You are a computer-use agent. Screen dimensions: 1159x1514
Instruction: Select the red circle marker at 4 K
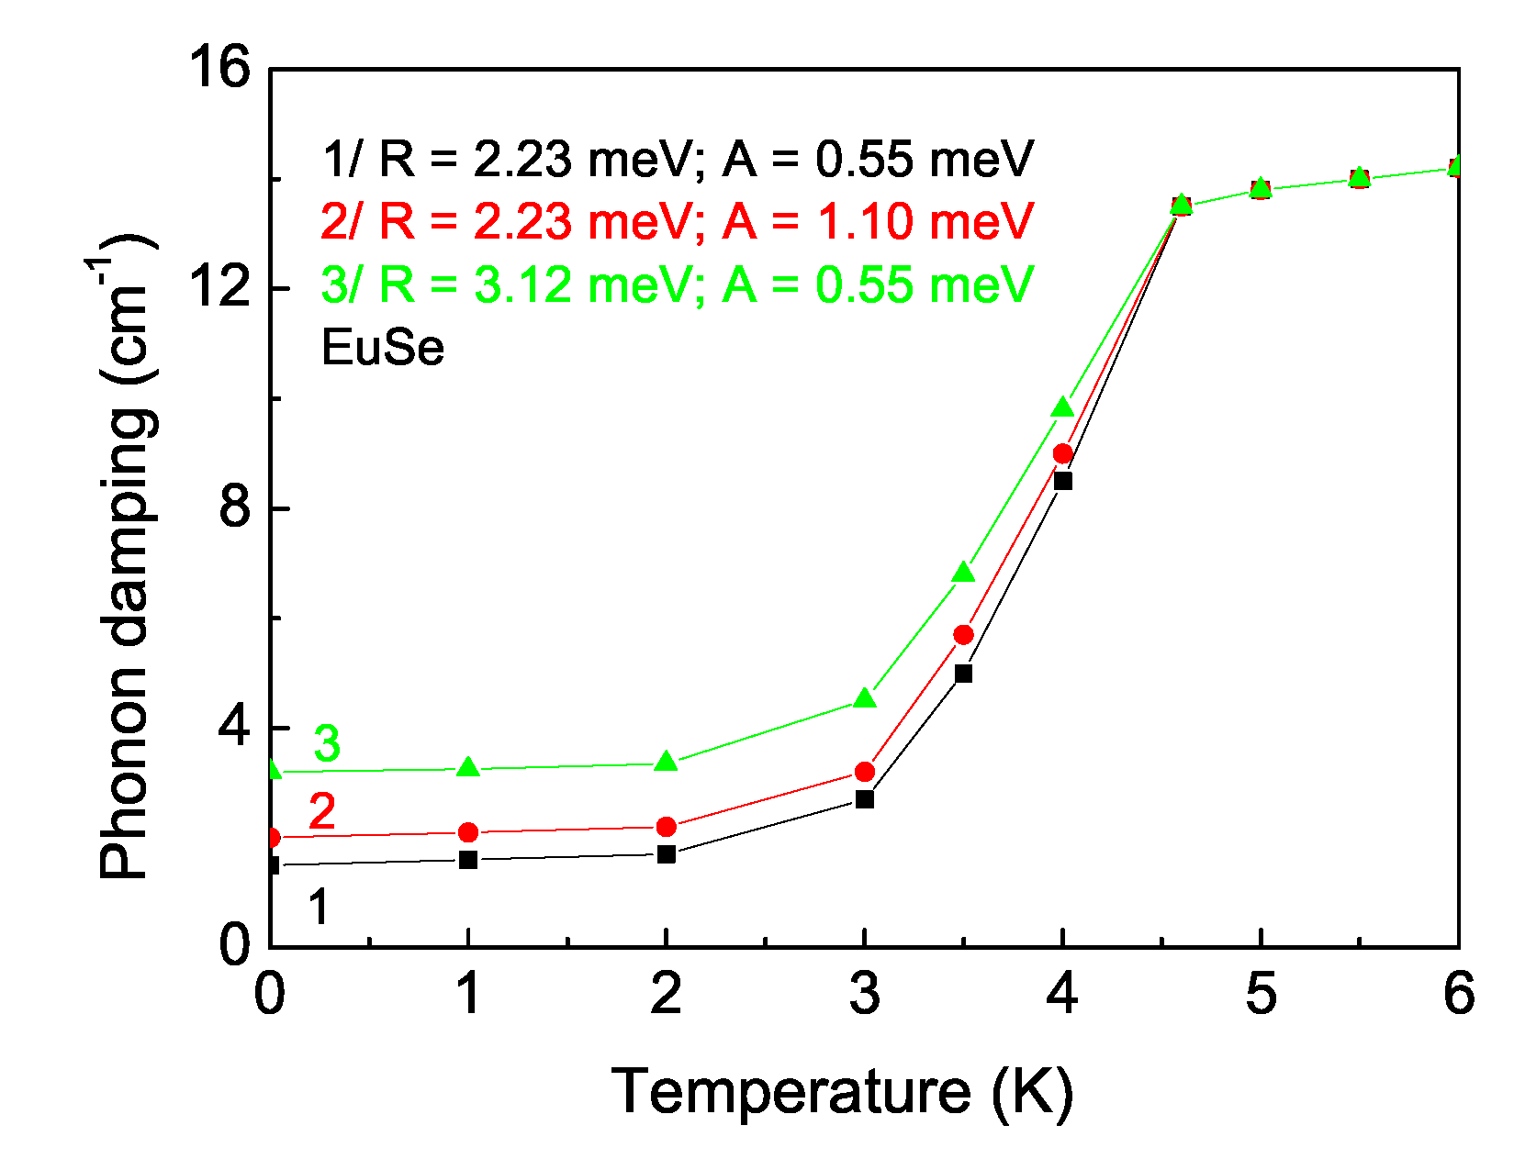click(x=1062, y=453)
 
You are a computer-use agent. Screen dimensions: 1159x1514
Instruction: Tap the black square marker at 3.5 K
click(x=963, y=674)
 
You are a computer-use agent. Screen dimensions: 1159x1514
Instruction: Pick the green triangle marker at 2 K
click(x=667, y=762)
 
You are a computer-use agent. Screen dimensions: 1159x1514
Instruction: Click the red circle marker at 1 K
click(x=468, y=832)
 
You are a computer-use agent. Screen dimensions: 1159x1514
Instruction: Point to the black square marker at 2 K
click(x=667, y=854)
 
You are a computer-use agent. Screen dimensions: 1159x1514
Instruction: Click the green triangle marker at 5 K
click(x=1261, y=187)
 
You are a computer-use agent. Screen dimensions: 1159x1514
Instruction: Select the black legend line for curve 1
click(x=678, y=160)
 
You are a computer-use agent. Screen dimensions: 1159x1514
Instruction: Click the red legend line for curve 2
click(x=678, y=222)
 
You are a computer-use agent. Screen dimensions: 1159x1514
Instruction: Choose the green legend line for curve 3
click(x=678, y=284)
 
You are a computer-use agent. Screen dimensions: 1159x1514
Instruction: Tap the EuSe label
click(x=383, y=349)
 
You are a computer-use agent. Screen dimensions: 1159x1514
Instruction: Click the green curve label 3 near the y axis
click(x=327, y=743)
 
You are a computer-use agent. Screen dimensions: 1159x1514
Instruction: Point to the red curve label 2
click(x=322, y=812)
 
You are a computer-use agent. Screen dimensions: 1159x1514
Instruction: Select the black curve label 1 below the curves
click(x=318, y=908)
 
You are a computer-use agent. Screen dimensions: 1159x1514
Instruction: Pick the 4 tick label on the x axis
click(x=1062, y=994)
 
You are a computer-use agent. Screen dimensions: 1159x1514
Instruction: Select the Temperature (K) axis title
click(x=842, y=1092)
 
